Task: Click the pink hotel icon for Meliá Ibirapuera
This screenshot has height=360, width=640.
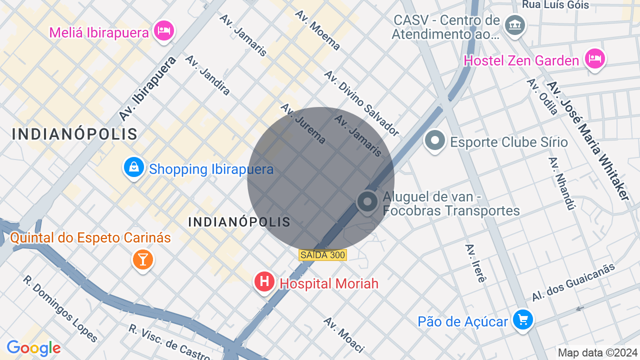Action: pyautogui.click(x=163, y=31)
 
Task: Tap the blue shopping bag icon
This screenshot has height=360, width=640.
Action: pyautogui.click(x=134, y=168)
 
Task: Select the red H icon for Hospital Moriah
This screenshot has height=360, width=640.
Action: pyautogui.click(x=264, y=282)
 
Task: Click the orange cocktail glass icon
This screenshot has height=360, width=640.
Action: pyautogui.click(x=143, y=259)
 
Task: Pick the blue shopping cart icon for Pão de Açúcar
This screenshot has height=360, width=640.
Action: pyautogui.click(x=523, y=319)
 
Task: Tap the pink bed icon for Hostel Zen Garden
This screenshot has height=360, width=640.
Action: pyautogui.click(x=594, y=59)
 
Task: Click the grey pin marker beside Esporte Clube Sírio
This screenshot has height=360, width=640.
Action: pyautogui.click(x=434, y=140)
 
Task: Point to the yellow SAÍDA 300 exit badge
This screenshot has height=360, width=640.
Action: pyautogui.click(x=322, y=255)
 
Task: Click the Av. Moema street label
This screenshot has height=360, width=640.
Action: pyautogui.click(x=317, y=30)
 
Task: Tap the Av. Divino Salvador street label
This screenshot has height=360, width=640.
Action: pyautogui.click(x=361, y=103)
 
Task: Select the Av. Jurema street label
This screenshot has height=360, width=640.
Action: pyautogui.click(x=303, y=123)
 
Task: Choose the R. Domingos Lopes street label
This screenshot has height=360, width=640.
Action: pyautogui.click(x=60, y=308)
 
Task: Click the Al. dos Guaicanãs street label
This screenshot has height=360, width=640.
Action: pyautogui.click(x=573, y=282)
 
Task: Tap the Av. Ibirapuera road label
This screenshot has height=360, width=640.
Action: pyautogui.click(x=147, y=88)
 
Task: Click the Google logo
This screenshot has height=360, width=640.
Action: pyautogui.click(x=33, y=348)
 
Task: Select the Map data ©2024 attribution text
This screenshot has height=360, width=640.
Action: pyautogui.click(x=597, y=352)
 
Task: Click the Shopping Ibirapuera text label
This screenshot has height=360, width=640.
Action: pyautogui.click(x=211, y=169)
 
